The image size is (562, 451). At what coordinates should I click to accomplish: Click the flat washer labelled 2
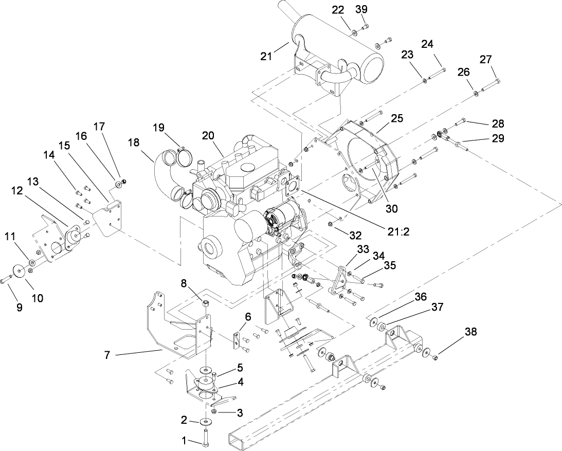coord(206,422)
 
